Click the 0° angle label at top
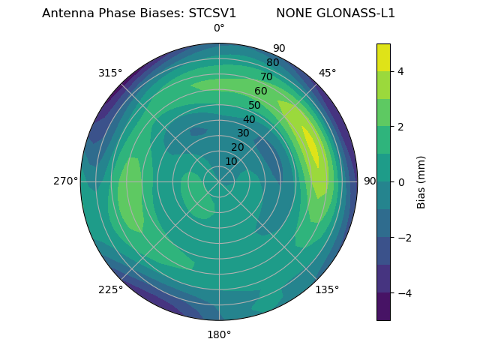pos(219,28)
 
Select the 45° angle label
pos(327,73)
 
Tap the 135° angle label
pos(327,289)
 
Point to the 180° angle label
pos(219,334)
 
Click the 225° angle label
pos(110,289)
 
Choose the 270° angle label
pos(65,181)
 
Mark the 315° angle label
pos(110,73)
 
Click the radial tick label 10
pos(231,161)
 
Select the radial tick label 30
pos(243,133)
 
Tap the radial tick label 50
pos(255,106)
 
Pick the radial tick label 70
pos(266,76)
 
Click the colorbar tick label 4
pos(401,71)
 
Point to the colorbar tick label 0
pos(401,181)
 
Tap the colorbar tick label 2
pos(401,127)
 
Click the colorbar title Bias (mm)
pos(421,181)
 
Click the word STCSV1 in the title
pos(207,13)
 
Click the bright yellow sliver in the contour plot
pos(310,146)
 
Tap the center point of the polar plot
pos(219,181)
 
